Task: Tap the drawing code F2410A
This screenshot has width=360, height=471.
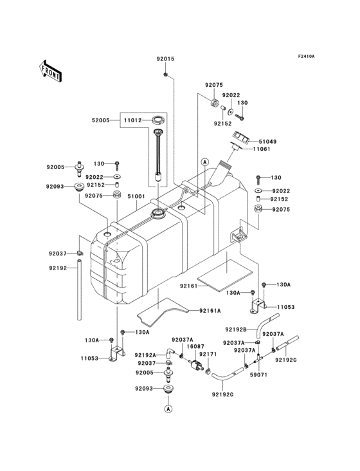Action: point(305,57)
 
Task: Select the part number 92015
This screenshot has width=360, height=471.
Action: point(165,59)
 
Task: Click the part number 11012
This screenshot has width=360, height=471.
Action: point(133,120)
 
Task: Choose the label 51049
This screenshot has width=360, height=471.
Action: point(268,141)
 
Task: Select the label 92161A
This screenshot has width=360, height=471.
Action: point(210,310)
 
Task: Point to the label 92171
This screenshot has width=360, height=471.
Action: point(208,354)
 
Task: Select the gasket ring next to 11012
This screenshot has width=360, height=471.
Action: point(157,120)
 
